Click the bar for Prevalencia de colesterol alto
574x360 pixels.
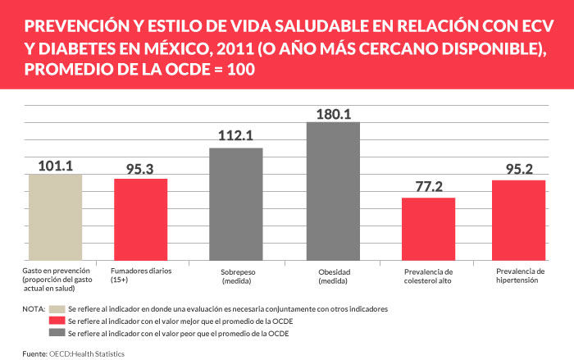428,229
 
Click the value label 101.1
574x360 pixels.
55,166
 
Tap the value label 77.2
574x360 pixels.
428,189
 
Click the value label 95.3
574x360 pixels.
140,171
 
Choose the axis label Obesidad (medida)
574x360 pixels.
335,276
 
